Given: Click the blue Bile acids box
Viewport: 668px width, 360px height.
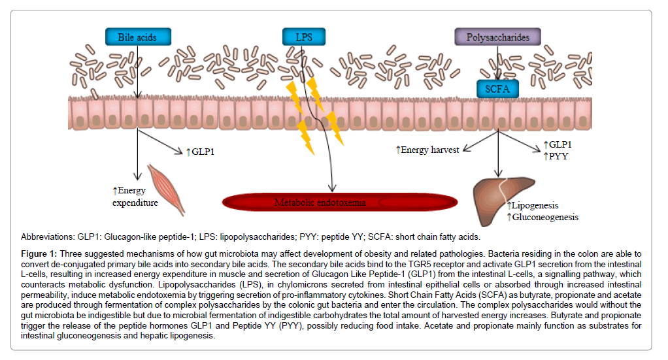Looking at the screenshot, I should click(x=137, y=37).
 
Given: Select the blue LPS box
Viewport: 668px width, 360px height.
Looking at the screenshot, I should click(x=303, y=37).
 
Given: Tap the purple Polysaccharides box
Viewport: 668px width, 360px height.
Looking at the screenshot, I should click(x=497, y=37).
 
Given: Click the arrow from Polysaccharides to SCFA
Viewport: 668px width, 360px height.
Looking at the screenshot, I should click(x=498, y=65).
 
